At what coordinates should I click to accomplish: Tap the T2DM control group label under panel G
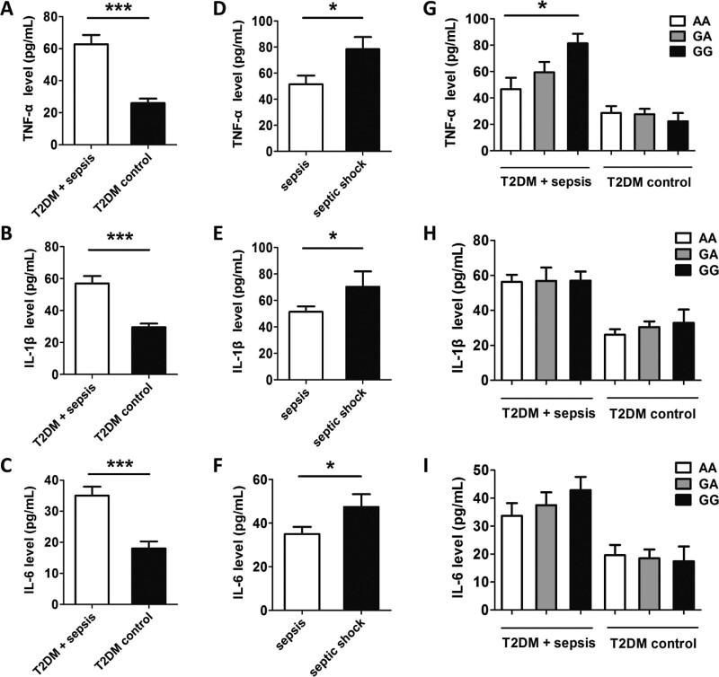[x=645, y=182]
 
